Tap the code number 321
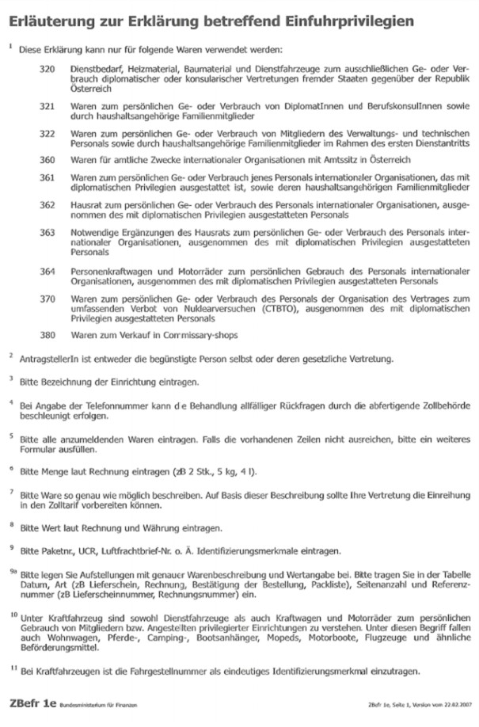[48, 105]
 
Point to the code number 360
[48, 158]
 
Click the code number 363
[48, 231]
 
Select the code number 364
[48, 269]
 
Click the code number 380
[48, 334]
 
